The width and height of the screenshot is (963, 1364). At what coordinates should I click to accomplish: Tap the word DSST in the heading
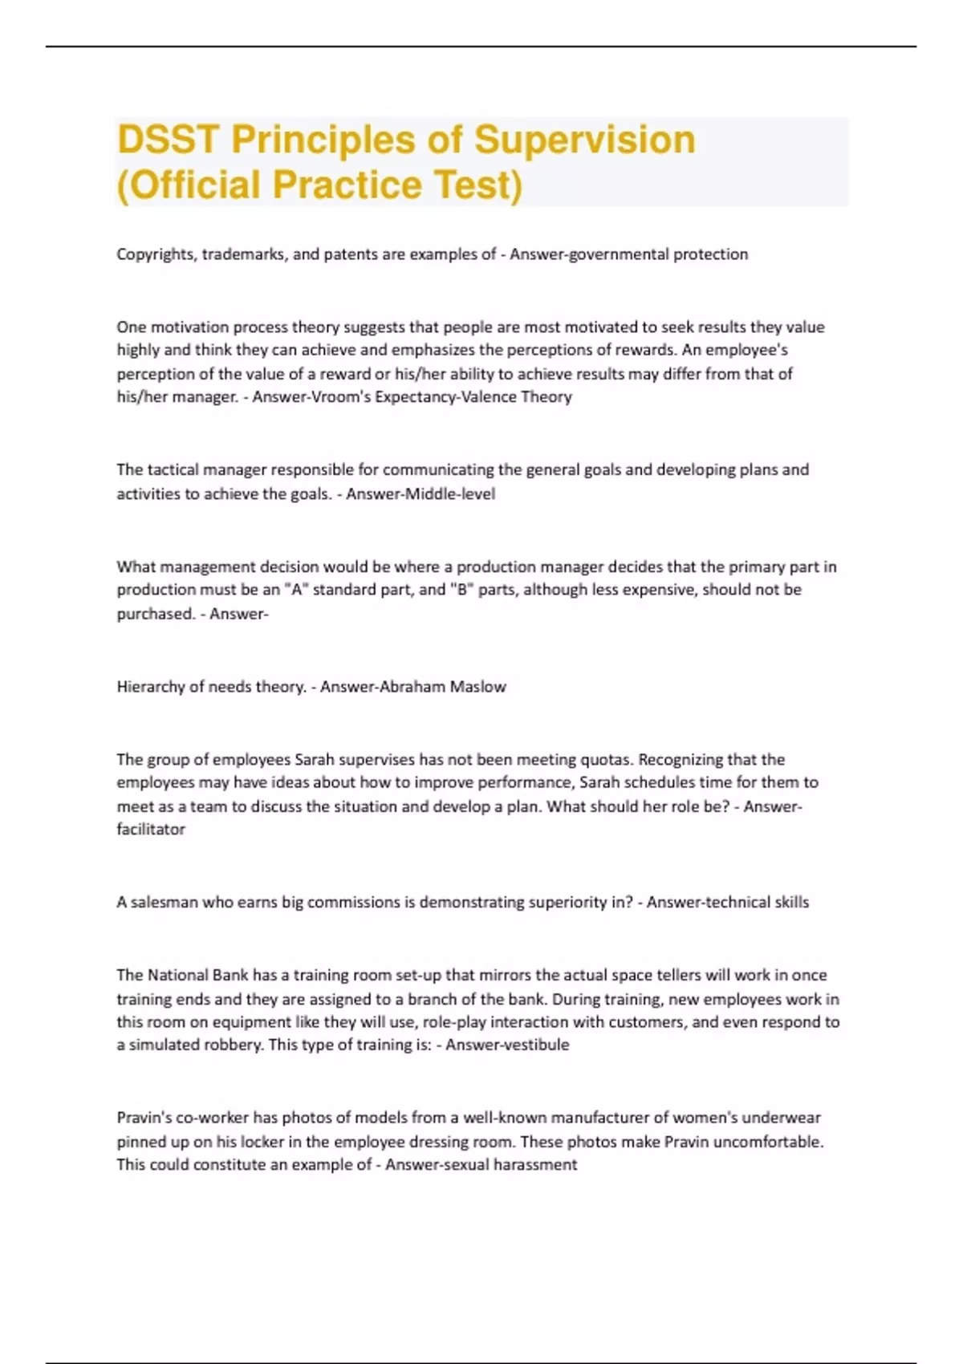(x=167, y=140)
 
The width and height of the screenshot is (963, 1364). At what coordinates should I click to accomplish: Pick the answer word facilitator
(x=151, y=830)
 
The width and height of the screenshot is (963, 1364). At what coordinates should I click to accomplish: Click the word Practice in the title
(x=347, y=185)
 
